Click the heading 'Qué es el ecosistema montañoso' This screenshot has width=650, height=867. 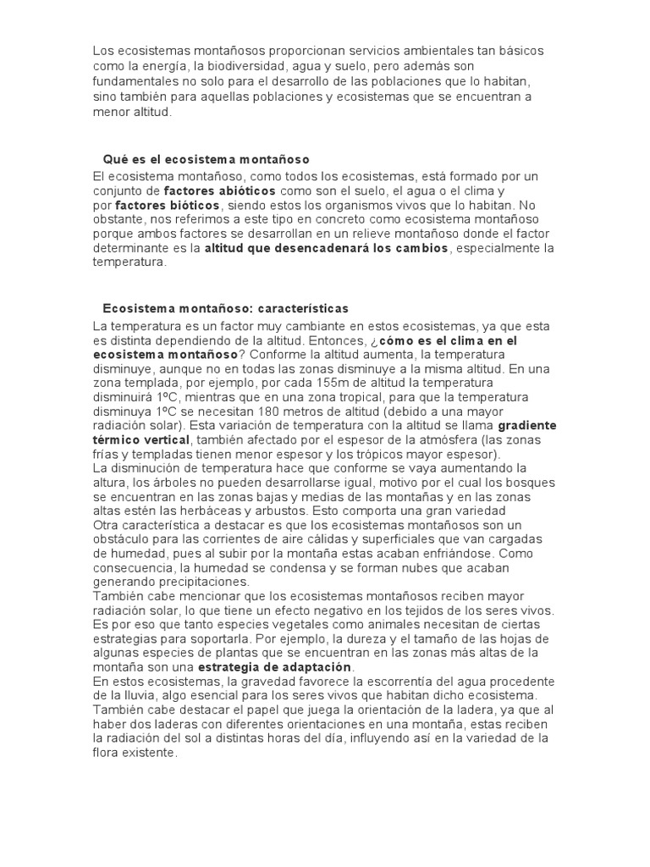tap(206, 159)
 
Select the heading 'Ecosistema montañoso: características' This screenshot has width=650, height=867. tap(225, 308)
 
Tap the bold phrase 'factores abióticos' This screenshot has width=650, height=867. tap(215, 191)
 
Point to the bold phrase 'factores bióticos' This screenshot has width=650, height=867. tap(168, 206)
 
